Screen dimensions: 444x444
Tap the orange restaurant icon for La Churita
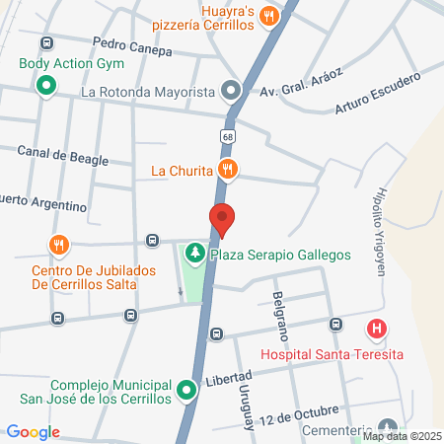point(229,170)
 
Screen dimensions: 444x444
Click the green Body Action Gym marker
point(44,86)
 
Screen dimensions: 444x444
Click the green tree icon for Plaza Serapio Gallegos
point(195,255)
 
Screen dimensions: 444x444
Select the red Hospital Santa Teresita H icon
point(375,329)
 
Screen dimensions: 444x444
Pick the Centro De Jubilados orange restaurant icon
point(59,245)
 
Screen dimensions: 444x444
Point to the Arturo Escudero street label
point(377,92)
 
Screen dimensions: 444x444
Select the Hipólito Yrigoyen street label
point(385,225)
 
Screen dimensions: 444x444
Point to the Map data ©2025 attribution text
point(403,436)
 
